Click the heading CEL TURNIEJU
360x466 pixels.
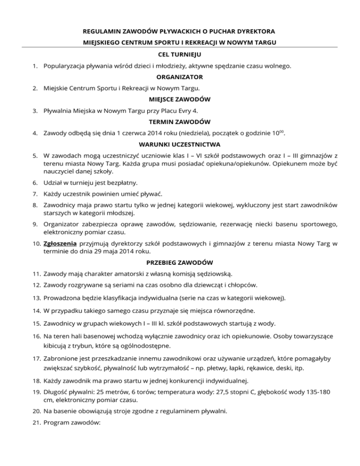pos(180,55)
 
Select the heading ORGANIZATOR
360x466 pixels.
pos(180,77)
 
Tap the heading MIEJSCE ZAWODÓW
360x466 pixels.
pos(180,99)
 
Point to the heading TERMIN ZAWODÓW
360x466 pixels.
pos(180,121)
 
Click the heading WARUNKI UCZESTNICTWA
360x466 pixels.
pos(180,144)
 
